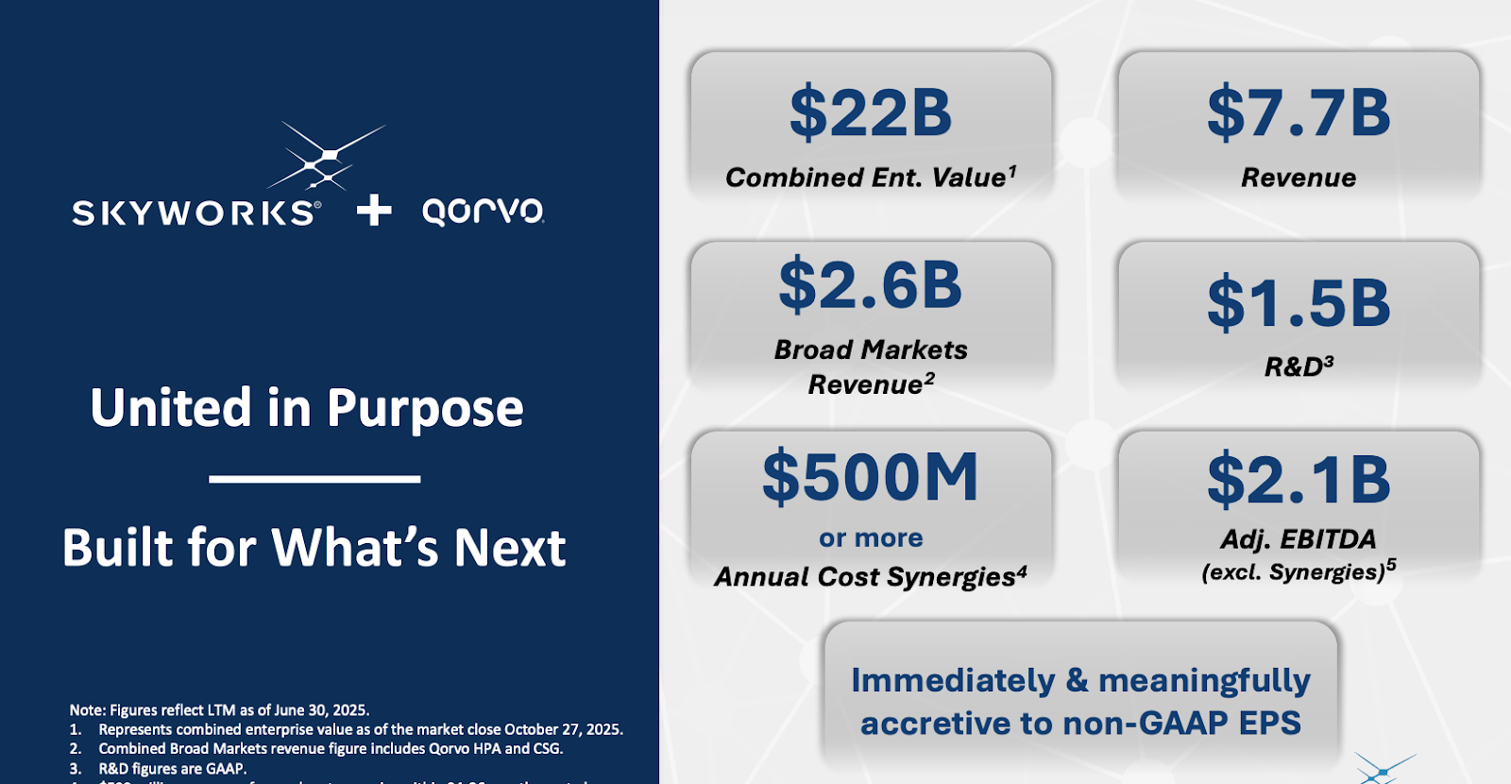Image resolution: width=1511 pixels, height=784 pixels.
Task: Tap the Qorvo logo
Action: point(483,211)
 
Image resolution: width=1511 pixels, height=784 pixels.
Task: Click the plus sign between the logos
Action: point(374,210)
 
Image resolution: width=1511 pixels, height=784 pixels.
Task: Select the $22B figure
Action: point(871,112)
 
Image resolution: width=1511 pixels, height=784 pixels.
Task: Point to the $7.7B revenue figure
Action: point(1299,112)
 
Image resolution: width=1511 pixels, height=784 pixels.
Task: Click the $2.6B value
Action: point(871,284)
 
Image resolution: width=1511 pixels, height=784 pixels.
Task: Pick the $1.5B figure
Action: point(1299,303)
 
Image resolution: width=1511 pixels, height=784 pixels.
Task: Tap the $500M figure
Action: point(871,477)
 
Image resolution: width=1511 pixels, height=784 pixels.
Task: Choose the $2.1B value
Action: point(1299,480)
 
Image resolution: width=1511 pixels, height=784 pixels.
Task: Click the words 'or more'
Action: point(871,538)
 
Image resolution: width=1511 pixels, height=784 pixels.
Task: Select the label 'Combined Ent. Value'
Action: point(865,178)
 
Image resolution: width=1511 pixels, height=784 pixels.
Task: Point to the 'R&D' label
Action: point(1293,367)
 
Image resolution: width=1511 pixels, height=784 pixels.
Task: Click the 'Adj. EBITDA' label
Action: point(1299,539)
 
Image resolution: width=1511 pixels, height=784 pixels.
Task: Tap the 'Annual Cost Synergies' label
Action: point(864,577)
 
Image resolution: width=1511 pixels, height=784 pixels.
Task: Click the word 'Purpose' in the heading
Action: point(425,409)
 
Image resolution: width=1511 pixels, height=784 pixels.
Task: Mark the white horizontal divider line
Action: point(314,479)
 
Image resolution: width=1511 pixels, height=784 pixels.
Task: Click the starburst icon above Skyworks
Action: point(327,156)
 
